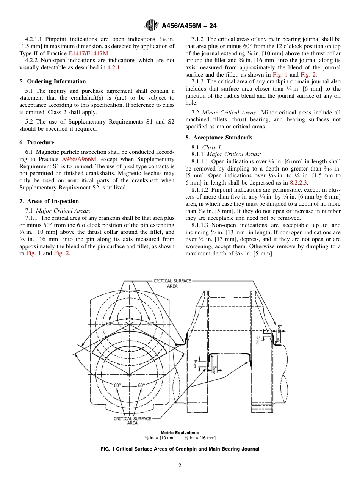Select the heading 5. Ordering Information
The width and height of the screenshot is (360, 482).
click(x=53, y=81)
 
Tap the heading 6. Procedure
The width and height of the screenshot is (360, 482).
click(x=37, y=142)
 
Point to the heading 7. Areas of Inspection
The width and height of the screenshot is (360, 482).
click(x=49, y=201)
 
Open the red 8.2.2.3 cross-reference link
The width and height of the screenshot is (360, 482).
click(x=299, y=182)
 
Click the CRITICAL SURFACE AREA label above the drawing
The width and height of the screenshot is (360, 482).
click(x=172, y=283)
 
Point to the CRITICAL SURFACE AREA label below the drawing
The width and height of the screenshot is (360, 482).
click(x=132, y=421)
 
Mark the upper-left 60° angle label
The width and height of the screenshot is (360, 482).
click(x=110, y=324)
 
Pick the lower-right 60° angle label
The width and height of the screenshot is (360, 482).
click(x=141, y=385)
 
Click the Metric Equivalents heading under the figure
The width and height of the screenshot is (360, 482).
click(x=180, y=433)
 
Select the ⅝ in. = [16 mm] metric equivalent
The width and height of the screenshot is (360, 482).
click(x=200, y=438)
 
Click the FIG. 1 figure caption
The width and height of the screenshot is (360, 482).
click(x=180, y=449)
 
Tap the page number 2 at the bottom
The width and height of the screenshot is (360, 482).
click(x=180, y=466)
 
